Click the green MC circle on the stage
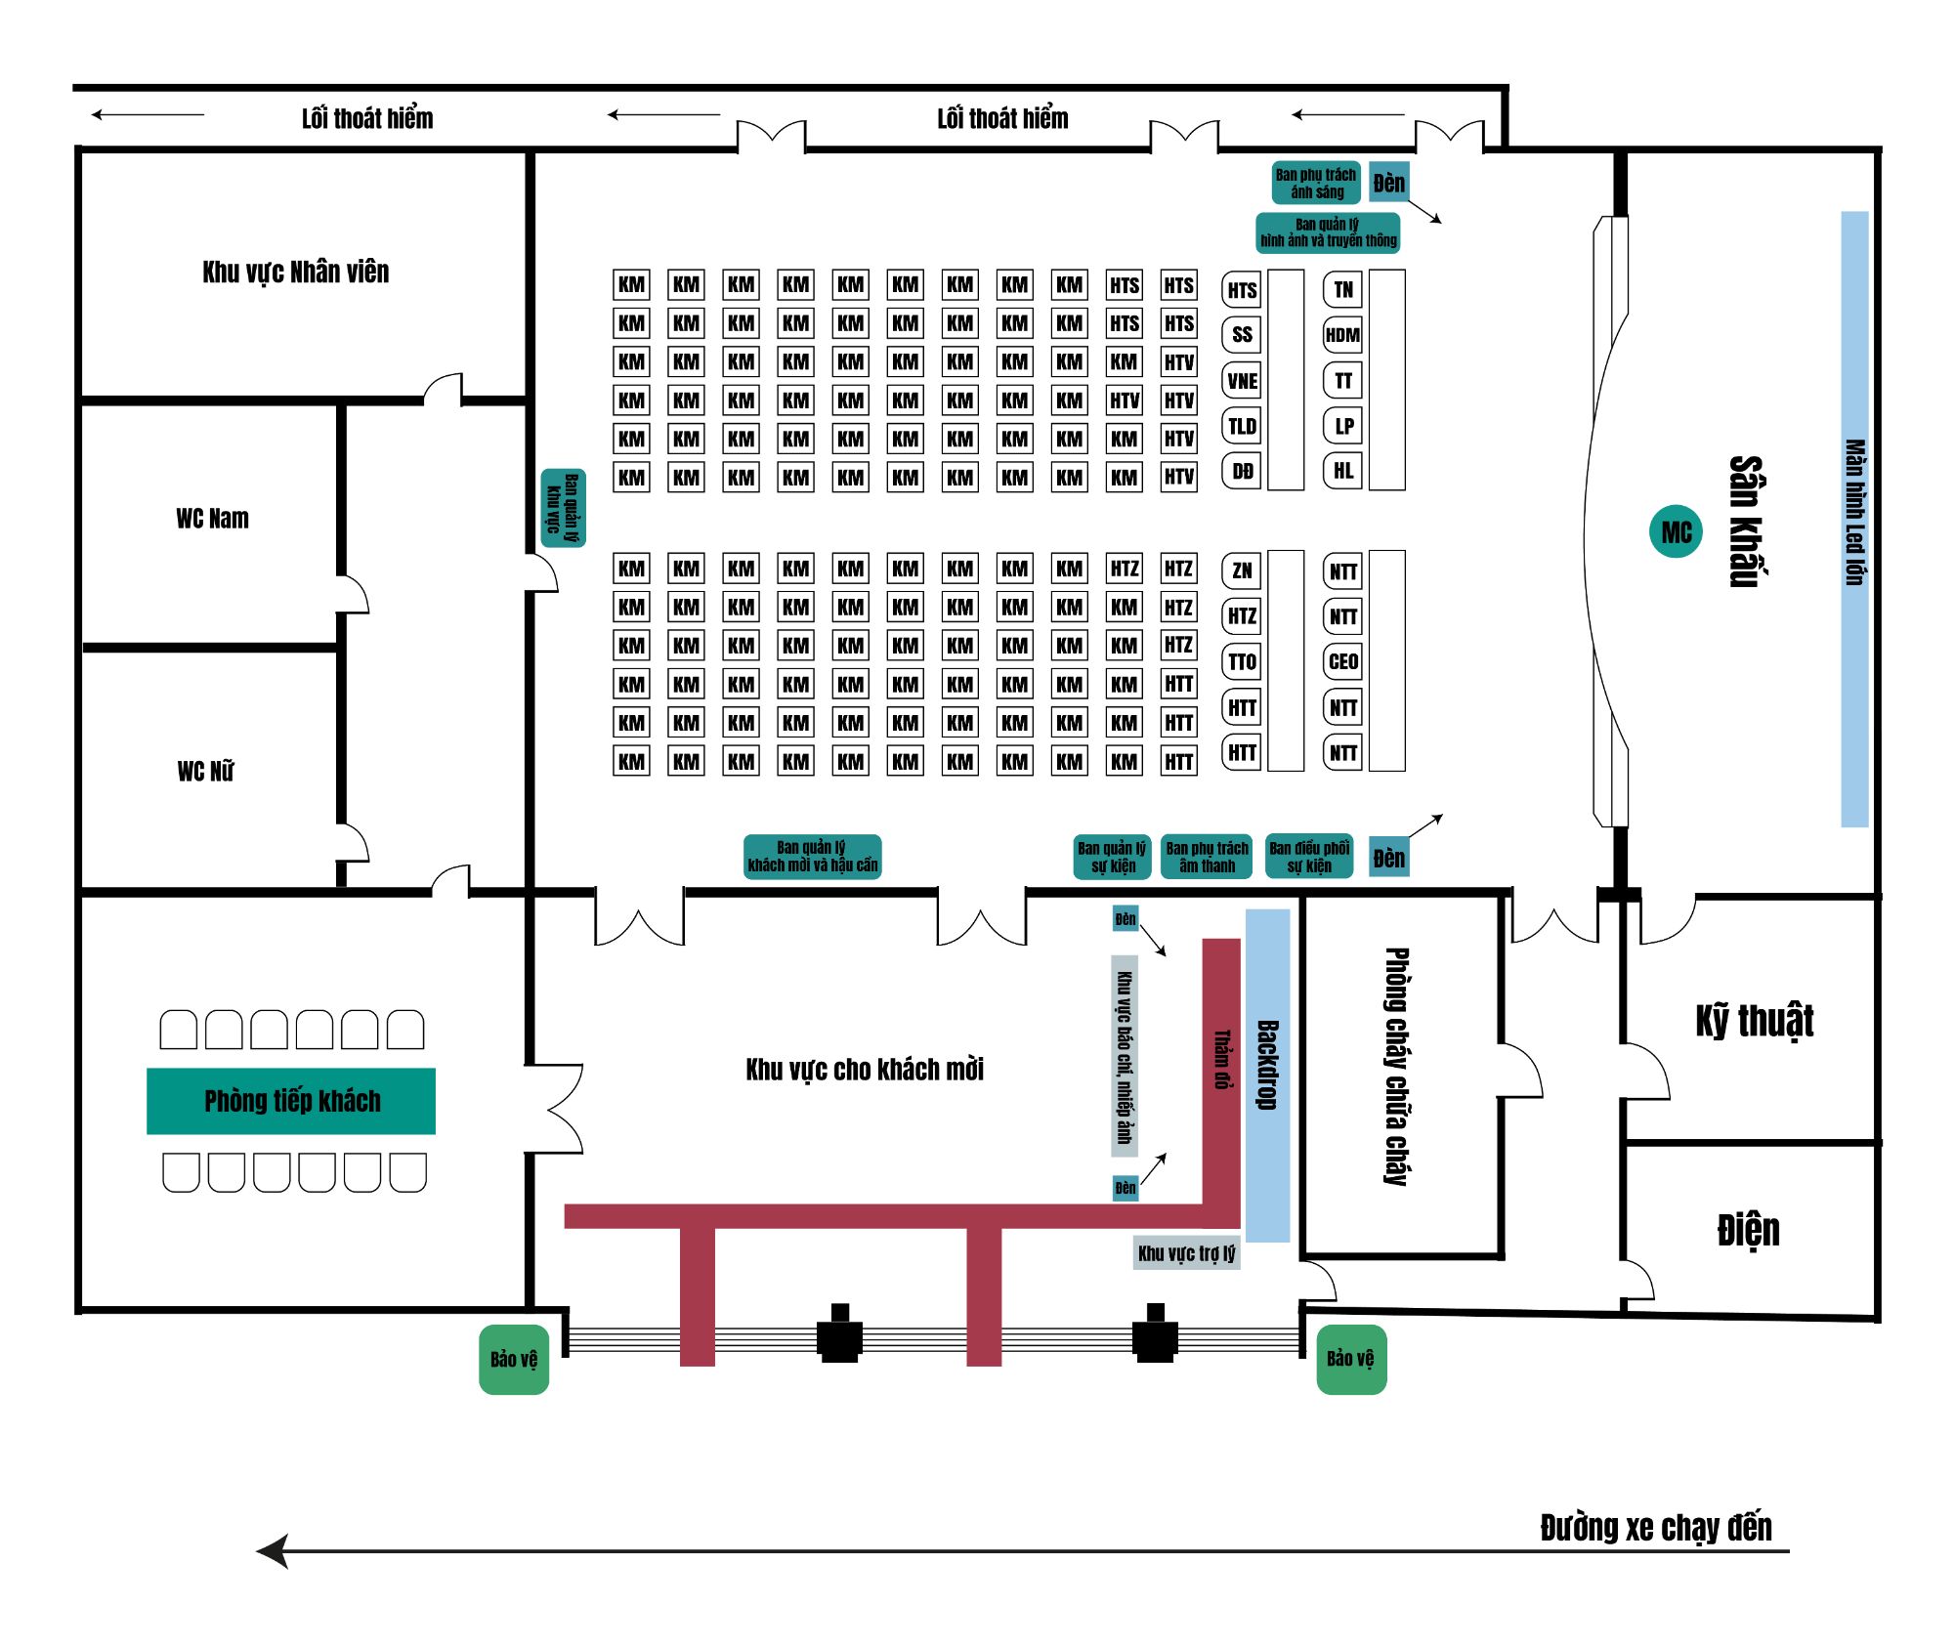coord(1676,531)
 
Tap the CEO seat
coord(1342,661)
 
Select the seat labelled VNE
coord(1242,380)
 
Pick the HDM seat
coord(1342,335)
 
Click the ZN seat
coord(1242,570)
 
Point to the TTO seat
coord(1242,661)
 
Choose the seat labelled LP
coord(1342,426)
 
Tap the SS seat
coord(1242,334)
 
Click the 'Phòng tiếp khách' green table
coord(291,1101)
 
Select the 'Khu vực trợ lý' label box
coord(1186,1252)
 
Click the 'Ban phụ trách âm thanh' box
coord(1207,857)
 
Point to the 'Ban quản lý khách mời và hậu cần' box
coord(813,857)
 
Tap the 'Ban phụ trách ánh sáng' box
coord(1316,183)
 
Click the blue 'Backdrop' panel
coord(1267,1075)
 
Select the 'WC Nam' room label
coord(212,519)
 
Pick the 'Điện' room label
coord(1749,1230)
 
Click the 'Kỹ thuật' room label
coord(1755,1021)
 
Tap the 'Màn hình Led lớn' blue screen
coord(1854,519)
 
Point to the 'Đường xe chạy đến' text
coord(1656,1528)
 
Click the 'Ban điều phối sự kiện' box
coord(1309,857)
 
